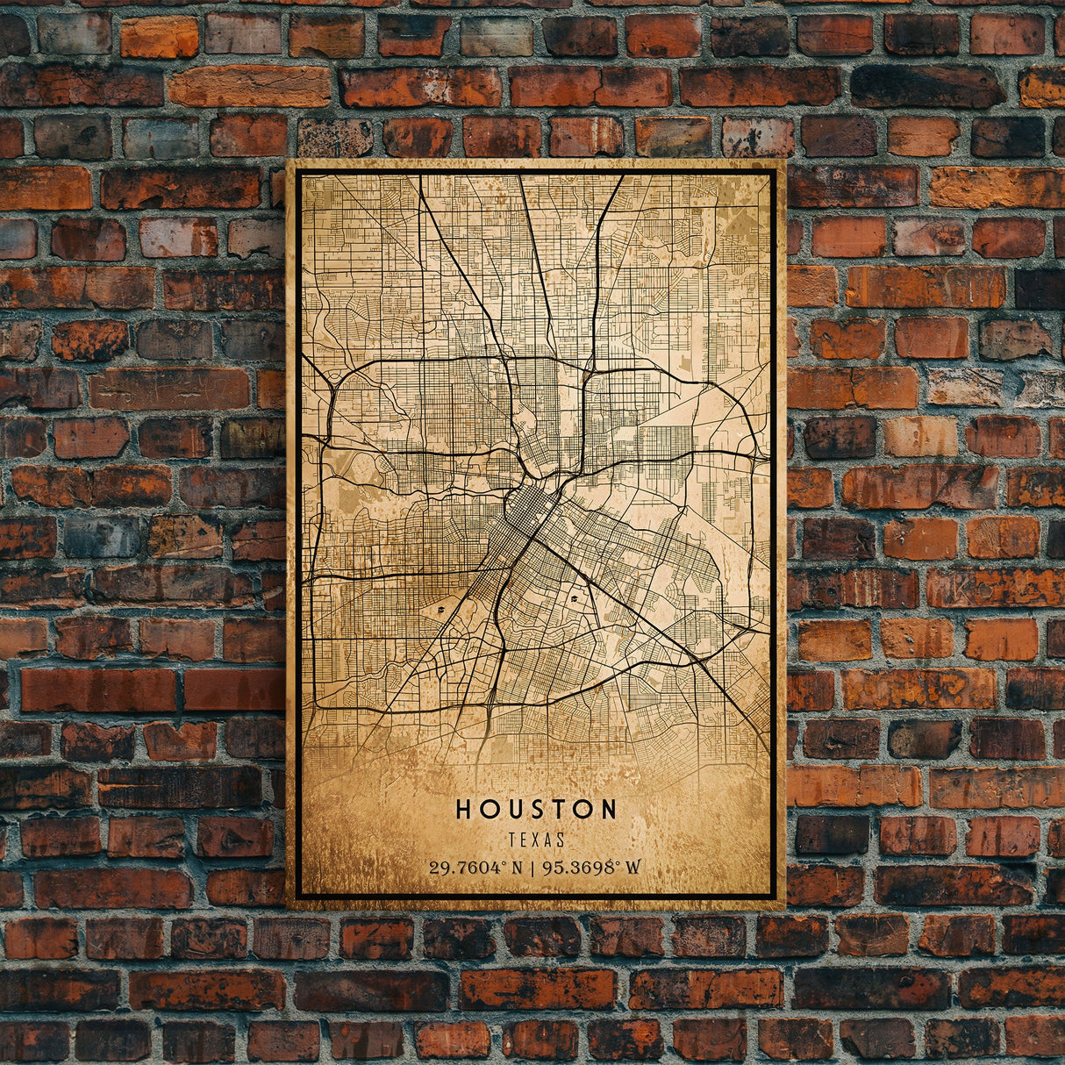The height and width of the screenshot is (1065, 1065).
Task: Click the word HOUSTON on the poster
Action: [x=535, y=809]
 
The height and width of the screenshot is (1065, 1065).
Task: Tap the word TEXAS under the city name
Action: [x=535, y=840]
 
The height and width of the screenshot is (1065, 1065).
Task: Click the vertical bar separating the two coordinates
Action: [x=532, y=868]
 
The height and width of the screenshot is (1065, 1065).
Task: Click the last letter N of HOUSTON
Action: [x=608, y=809]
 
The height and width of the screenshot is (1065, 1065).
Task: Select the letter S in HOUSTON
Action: [x=536, y=809]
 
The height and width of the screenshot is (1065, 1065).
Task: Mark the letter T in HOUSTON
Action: [x=558, y=809]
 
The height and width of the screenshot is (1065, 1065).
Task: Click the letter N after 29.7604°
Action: [x=517, y=868]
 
